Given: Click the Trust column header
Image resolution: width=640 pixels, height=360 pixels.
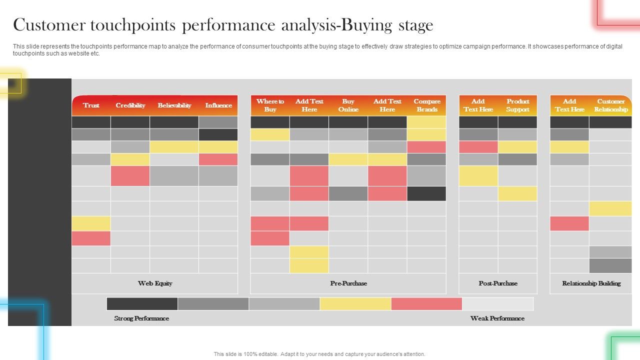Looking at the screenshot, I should point(91,105).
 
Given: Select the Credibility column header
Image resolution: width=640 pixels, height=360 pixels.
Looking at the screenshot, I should point(130,105).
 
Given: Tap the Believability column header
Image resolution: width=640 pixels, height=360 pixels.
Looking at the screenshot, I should point(174,105).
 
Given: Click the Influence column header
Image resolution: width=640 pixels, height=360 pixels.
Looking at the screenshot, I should point(218,105).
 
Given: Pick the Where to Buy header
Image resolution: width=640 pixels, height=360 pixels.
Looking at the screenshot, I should point(270,105).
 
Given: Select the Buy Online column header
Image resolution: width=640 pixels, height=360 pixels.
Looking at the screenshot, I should point(348,105).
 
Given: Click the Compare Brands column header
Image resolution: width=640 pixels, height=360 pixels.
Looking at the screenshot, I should point(426,105).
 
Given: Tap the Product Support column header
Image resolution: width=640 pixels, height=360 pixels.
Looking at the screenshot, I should point(517,105).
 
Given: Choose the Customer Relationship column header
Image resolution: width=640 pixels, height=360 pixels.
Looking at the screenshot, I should point(610,105).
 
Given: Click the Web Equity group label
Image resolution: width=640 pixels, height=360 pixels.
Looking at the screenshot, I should point(155,283).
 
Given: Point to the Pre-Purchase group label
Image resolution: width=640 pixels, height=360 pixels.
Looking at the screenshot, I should point(348,283).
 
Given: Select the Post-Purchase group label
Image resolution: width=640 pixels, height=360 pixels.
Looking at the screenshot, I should point(498,283).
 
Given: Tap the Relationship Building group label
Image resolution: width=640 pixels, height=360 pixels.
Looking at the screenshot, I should point(591,283).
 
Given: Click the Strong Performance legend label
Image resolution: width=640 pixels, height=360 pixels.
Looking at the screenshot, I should point(141,318).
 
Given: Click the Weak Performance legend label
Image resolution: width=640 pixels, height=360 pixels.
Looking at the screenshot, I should point(497,318).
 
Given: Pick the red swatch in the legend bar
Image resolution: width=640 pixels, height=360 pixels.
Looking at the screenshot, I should point(426,304).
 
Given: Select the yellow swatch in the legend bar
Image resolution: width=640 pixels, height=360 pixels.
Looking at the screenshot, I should point(355,304).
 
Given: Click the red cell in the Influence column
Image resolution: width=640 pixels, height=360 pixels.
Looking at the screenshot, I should point(218,159).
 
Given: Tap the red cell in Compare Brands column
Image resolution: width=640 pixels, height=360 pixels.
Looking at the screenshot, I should point(426,147).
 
